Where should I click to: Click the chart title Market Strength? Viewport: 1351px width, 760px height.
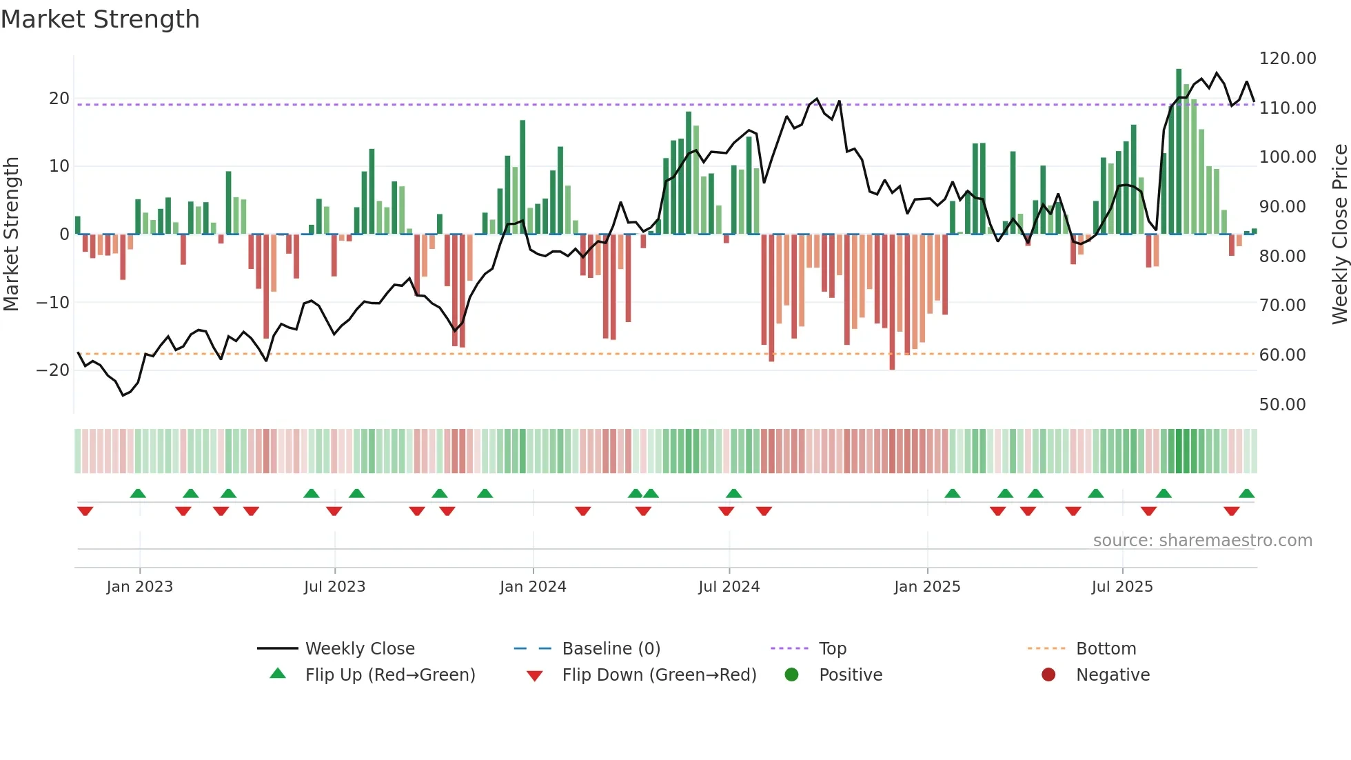(x=101, y=19)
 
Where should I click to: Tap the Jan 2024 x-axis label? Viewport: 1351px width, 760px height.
(x=533, y=587)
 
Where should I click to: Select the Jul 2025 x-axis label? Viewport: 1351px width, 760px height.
(x=1122, y=587)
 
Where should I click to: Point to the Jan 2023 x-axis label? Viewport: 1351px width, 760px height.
(x=140, y=587)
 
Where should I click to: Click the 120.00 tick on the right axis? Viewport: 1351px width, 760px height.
(x=1288, y=59)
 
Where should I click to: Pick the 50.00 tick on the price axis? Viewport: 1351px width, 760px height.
(x=1282, y=405)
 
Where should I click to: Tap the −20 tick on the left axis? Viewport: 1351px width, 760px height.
(x=53, y=370)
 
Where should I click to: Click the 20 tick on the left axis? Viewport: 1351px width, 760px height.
(x=59, y=99)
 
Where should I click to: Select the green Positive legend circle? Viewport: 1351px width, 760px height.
(x=791, y=675)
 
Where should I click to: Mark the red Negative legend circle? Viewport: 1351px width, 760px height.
(x=1048, y=675)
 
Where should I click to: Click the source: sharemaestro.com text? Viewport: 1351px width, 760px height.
(x=1202, y=541)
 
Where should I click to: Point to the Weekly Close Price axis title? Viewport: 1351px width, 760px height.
(x=1339, y=234)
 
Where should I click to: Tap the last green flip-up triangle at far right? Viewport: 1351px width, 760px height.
(x=1246, y=494)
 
